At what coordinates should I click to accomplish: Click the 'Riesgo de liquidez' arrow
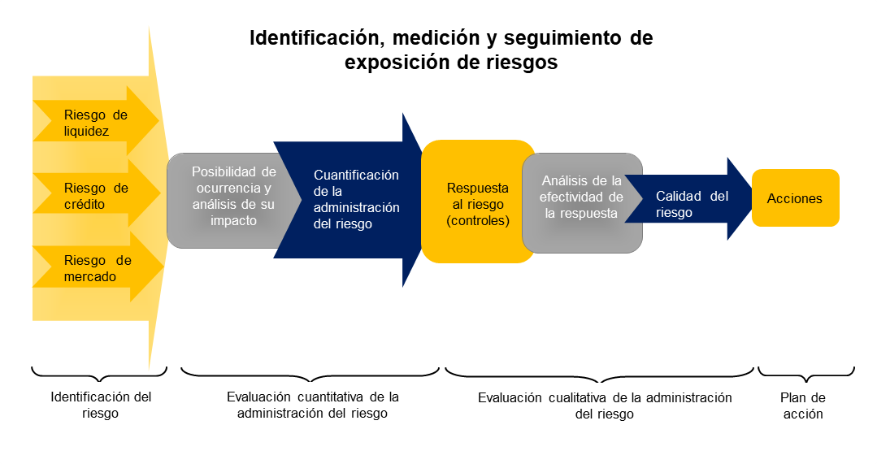(96, 123)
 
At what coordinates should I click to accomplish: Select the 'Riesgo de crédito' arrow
(96, 196)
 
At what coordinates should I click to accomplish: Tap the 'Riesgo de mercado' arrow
(96, 268)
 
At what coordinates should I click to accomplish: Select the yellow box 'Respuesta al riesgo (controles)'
(477, 203)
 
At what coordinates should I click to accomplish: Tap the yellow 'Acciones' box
(795, 198)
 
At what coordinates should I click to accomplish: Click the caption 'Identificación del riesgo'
(101, 405)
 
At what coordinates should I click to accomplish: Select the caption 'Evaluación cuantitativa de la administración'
(312, 405)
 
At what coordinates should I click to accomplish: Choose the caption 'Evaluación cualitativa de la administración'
(604, 405)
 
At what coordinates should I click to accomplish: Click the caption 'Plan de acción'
(802, 405)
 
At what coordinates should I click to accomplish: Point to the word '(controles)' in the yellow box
(477, 220)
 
